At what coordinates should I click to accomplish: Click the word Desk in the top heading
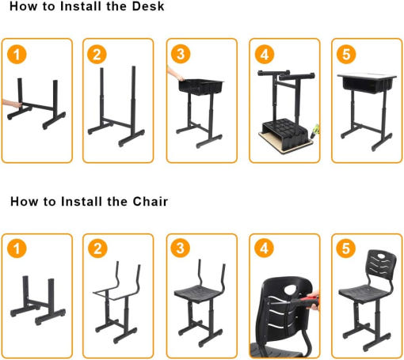pyautogui.click(x=148, y=6)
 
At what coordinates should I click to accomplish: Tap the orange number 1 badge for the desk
pyautogui.click(x=17, y=55)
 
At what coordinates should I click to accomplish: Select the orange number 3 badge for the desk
pyautogui.click(x=181, y=54)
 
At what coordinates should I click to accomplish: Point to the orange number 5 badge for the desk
pyautogui.click(x=346, y=55)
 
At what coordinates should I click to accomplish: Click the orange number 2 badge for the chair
pyautogui.click(x=97, y=248)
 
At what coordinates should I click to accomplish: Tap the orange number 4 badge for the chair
pyautogui.click(x=264, y=248)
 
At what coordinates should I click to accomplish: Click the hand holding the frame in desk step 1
pyautogui.click(x=11, y=104)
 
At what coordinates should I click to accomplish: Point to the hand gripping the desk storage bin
pyautogui.click(x=175, y=74)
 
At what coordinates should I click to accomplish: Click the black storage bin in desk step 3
pyautogui.click(x=200, y=87)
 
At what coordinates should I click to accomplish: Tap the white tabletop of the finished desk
pyautogui.click(x=367, y=76)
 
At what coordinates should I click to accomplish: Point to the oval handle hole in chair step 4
pyautogui.click(x=291, y=290)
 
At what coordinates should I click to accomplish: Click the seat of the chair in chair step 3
pyautogui.click(x=200, y=292)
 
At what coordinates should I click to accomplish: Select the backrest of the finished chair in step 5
pyautogui.click(x=382, y=263)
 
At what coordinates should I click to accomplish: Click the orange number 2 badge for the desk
pyautogui.click(x=97, y=55)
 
